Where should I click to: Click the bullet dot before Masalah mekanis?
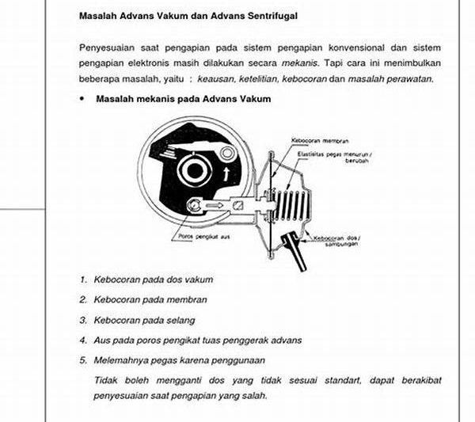point(82,99)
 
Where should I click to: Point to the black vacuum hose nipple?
point(302,249)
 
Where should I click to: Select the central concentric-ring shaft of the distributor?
point(192,169)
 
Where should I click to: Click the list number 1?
point(83,279)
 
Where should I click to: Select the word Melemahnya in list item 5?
point(120,360)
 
